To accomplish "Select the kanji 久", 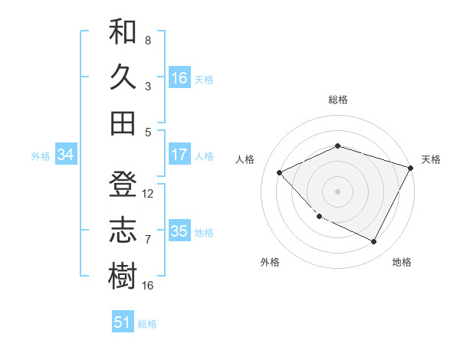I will pos(123,78).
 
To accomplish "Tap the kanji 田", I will pos(123,123).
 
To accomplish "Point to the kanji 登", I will pos(123,186).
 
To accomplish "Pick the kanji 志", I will pos(123,231).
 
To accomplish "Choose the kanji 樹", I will pos(123,276).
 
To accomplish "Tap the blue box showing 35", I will pos(179,231).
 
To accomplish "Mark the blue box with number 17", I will pos(179,155).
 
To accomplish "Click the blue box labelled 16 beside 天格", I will pos(179,78).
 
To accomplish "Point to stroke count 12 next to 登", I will pos(148,194).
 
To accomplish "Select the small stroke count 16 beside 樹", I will pos(148,285).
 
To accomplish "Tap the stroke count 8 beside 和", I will pos(147,40).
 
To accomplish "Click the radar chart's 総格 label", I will pos(338,100).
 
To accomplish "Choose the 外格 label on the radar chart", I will pos(270,262).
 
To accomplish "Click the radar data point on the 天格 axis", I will pos(411,168).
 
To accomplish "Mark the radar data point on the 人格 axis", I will pos(280,173).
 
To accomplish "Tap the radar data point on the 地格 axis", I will pos(374,242).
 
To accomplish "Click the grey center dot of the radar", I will pos(338,191).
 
